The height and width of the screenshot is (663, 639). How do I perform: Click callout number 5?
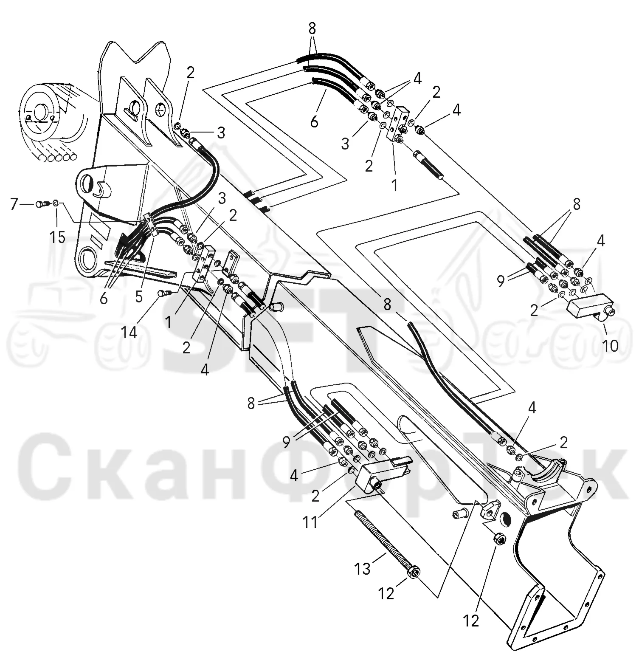click(139, 297)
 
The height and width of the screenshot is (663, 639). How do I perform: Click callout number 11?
click(310, 522)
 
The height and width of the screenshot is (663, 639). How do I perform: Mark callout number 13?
click(363, 569)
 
